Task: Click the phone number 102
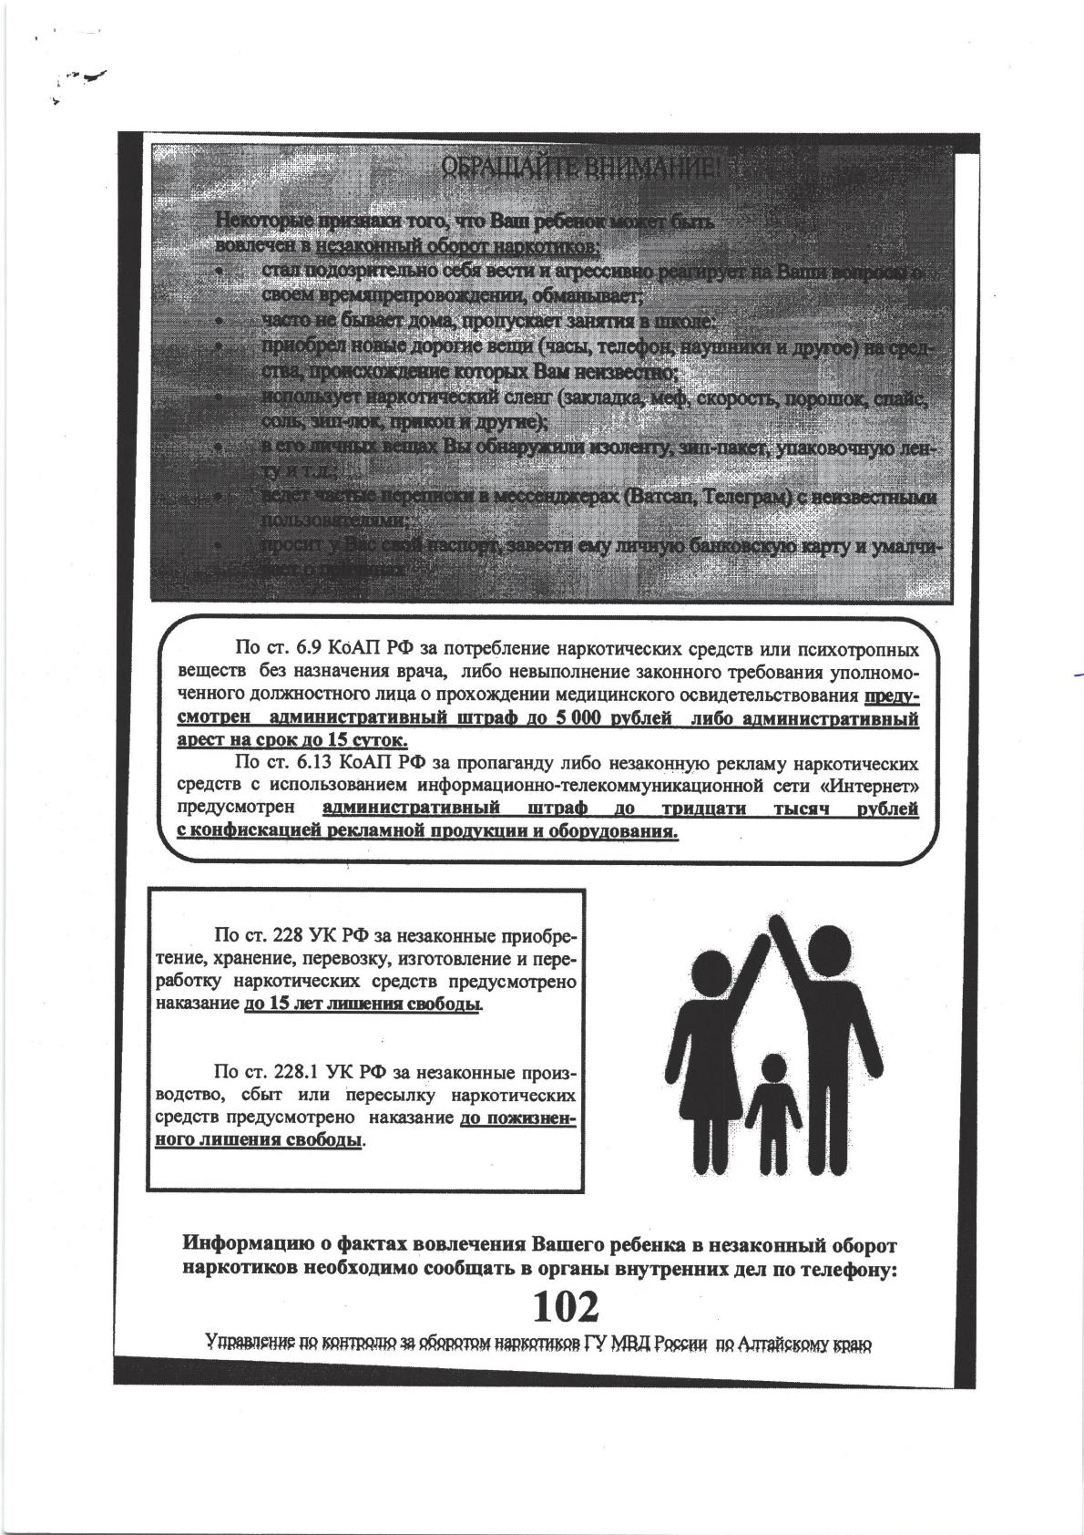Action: click(x=566, y=1307)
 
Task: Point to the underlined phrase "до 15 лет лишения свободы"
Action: click(x=363, y=1004)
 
